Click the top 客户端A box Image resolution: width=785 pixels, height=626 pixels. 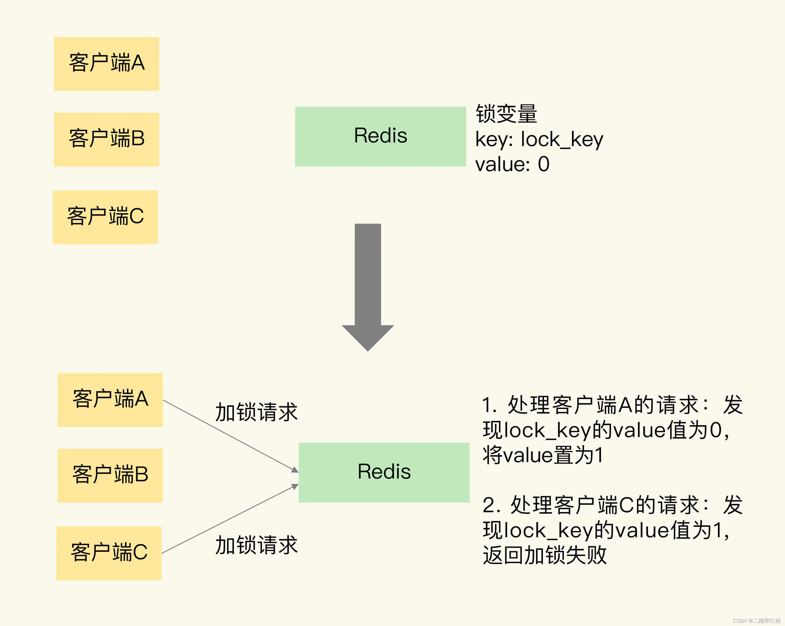pos(106,64)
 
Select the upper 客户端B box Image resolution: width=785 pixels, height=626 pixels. pos(106,139)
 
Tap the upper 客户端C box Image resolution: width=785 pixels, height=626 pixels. pos(105,217)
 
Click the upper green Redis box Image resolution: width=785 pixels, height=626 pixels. pos(380,137)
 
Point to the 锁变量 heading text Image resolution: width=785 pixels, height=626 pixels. pos(506,114)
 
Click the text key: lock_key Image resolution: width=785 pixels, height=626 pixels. pos(539,139)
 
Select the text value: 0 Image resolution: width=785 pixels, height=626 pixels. pos(512,164)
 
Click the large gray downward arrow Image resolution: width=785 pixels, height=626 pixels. pos(368,284)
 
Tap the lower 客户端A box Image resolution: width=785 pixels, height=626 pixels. pos(110,400)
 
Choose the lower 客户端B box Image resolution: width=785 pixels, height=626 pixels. pos(110,475)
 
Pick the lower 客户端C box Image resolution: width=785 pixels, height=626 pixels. pos(109,553)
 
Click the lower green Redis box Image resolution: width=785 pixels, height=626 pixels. pos(384,472)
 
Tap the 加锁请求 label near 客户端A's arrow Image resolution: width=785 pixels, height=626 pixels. pos(256,412)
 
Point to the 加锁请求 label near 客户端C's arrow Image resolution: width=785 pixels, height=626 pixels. pos(256,545)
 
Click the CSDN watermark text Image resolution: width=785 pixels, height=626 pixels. pos(756,620)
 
